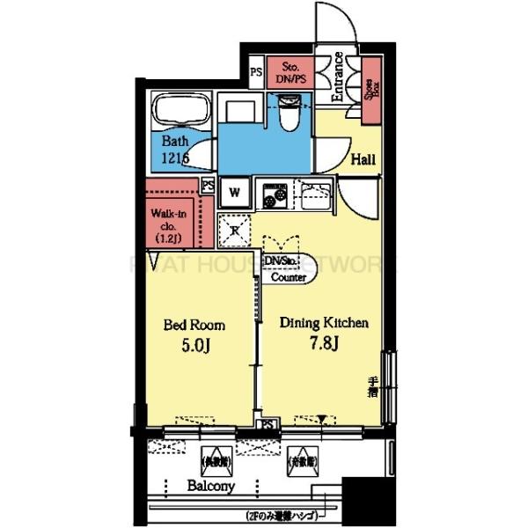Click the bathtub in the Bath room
tap(180, 113)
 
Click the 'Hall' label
tap(364, 160)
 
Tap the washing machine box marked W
tap(235, 191)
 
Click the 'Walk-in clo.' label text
tap(166, 218)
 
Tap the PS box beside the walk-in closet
tap(209, 186)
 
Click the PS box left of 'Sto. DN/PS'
tap(255, 71)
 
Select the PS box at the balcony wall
tap(268, 425)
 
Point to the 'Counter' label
tap(288, 277)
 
